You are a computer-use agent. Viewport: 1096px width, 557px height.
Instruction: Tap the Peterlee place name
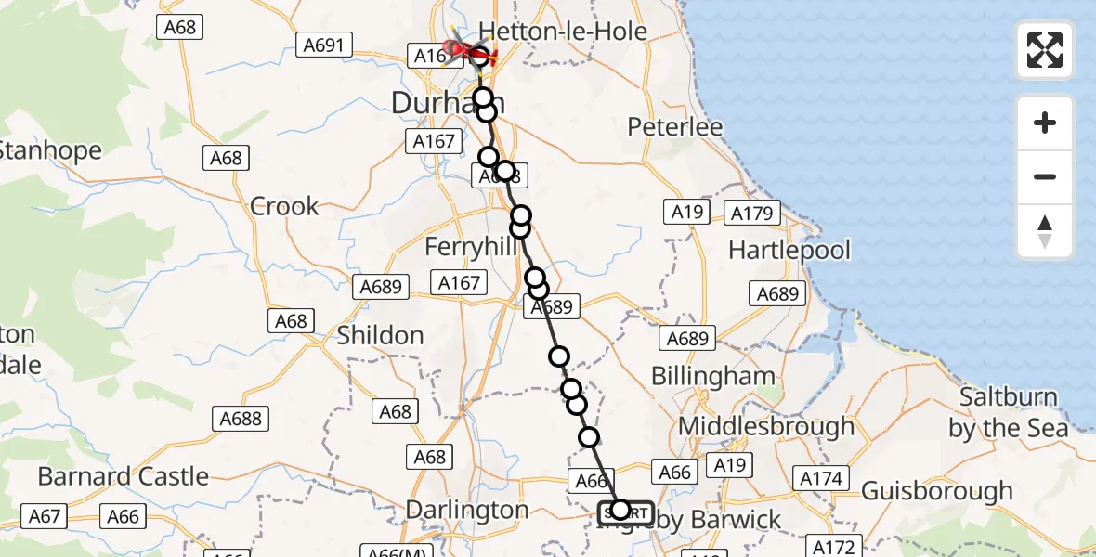point(675,126)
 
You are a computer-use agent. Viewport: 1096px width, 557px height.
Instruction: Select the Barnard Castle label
point(123,477)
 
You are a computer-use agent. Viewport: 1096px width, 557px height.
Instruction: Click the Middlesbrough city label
point(767,426)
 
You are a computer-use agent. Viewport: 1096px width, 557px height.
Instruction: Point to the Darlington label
point(469,510)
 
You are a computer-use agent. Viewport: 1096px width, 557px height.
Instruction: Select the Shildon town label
point(380,335)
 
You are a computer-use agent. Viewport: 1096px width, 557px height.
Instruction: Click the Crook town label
point(284,206)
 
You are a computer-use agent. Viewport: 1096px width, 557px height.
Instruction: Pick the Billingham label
point(712,376)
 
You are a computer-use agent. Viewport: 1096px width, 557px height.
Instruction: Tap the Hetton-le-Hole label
point(562,32)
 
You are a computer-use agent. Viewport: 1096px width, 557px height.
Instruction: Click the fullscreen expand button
point(1045,50)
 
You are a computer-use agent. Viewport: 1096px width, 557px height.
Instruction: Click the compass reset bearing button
point(1045,231)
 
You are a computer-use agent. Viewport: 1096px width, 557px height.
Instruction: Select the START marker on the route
point(626,512)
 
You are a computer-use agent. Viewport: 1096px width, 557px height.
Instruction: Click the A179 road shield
point(751,214)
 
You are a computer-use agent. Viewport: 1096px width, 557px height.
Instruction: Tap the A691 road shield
point(324,45)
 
